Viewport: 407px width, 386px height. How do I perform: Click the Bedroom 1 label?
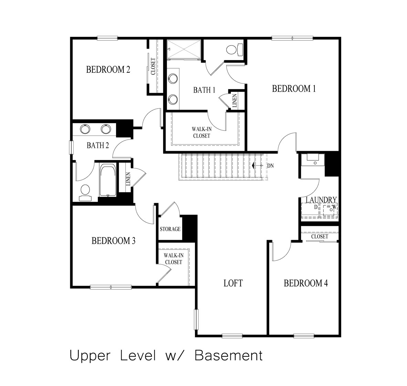294,89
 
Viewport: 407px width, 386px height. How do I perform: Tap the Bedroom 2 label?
108,70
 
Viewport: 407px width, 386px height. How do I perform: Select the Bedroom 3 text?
113,241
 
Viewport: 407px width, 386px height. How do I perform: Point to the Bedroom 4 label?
306,283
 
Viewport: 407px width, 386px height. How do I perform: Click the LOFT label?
233,283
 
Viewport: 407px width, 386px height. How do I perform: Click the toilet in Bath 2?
85,191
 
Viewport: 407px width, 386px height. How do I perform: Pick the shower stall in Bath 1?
184,50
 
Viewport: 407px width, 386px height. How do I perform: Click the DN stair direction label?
270,166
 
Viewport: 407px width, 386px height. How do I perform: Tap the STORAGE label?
170,229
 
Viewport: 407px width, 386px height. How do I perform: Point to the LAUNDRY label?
321,200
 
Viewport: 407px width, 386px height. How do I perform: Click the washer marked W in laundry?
330,208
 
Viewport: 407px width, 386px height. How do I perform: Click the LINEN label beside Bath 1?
234,101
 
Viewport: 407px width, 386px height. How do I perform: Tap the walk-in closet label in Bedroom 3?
173,259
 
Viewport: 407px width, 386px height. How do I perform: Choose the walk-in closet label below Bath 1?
201,132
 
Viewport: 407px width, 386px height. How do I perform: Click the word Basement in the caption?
229,356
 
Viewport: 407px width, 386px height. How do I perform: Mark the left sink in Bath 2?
85,129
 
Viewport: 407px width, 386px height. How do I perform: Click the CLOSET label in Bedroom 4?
320,237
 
